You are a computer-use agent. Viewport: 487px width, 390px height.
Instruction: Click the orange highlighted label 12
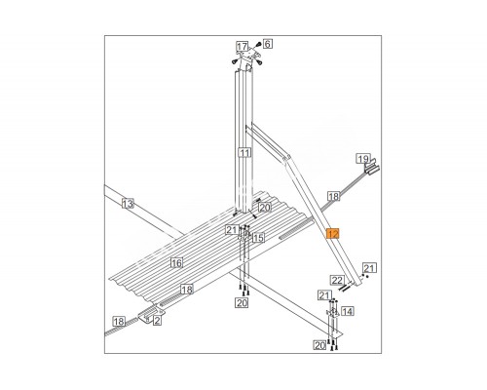[333, 234]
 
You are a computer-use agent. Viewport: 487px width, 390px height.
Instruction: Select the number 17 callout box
[242, 47]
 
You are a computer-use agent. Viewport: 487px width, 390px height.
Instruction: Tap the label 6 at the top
[267, 44]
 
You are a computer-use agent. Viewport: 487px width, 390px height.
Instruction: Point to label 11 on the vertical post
[244, 152]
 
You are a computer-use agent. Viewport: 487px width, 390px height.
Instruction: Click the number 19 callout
[363, 159]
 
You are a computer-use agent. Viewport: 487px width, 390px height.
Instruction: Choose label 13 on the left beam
[128, 204]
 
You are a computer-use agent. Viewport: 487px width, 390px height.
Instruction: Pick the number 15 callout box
[258, 238]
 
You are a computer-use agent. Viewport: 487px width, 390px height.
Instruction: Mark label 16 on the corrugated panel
[177, 262]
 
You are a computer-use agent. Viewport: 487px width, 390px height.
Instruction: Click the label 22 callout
[337, 280]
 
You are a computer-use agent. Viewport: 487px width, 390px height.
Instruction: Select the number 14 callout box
[347, 311]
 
